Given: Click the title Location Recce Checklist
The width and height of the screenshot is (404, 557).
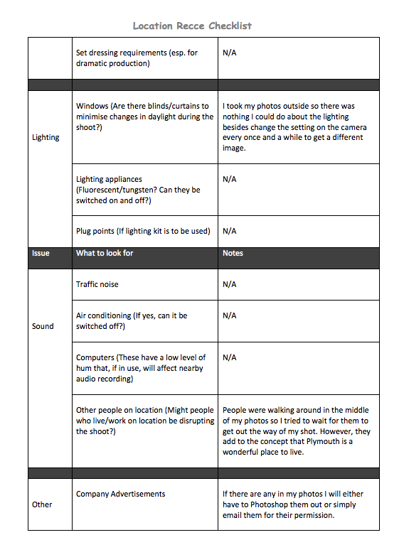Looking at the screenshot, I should [192, 26].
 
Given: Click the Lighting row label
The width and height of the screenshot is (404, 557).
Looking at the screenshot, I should [46, 137].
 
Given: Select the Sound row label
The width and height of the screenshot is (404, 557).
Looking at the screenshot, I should [43, 326].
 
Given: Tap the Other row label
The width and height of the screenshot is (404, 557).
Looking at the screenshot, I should [42, 504].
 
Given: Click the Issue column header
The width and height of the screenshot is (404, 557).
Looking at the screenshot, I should [41, 253].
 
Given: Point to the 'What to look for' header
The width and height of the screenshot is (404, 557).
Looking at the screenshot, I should [105, 253].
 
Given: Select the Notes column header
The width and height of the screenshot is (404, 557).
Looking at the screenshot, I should [233, 253].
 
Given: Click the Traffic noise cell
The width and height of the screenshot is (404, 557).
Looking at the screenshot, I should [97, 284].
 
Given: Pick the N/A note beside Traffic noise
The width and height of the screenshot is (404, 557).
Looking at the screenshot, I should [229, 284].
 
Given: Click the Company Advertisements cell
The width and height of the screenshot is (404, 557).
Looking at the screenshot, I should [120, 494].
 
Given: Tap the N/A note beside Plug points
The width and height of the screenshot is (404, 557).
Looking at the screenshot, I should [229, 231].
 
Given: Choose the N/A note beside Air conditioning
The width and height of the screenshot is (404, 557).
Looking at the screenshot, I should [229, 315].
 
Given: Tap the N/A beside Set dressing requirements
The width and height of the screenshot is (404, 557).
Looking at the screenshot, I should [229, 53].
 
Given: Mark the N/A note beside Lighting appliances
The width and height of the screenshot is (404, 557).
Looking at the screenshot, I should [229, 179].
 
